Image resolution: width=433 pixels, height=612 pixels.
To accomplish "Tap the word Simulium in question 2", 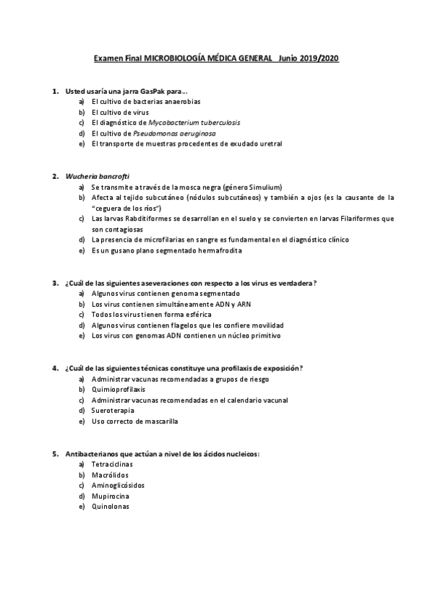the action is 264,187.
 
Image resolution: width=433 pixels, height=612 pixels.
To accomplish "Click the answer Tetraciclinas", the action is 112,464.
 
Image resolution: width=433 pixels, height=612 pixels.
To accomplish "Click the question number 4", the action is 55,368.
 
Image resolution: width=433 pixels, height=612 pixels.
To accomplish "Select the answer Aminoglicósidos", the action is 118,485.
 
